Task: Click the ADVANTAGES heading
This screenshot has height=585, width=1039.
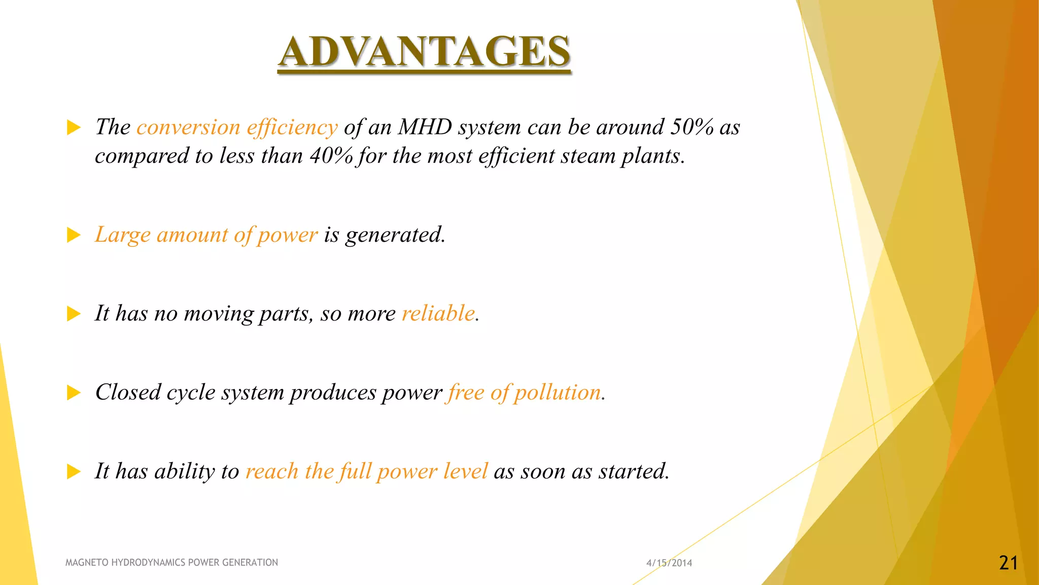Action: pyautogui.click(x=424, y=52)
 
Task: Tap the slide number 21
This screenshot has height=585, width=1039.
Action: pyautogui.click(x=1008, y=563)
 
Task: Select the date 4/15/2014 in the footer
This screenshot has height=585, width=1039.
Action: pyautogui.click(x=669, y=563)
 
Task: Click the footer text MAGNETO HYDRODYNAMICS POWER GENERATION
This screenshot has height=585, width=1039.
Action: pyautogui.click(x=171, y=562)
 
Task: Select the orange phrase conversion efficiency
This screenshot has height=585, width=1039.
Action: pyautogui.click(x=237, y=127)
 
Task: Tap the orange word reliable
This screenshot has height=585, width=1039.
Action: pyautogui.click(x=438, y=313)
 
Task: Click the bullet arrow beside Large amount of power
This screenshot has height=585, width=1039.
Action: pyautogui.click(x=74, y=235)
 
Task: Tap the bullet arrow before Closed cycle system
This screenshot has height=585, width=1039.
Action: pyautogui.click(x=74, y=393)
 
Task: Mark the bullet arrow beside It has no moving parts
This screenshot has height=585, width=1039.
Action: pyautogui.click(x=74, y=314)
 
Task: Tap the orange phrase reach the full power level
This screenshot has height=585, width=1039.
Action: pyautogui.click(x=366, y=471)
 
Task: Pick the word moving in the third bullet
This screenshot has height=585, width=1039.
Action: pyautogui.click(x=218, y=313)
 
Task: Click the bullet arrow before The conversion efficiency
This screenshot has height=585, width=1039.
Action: pyautogui.click(x=74, y=127)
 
